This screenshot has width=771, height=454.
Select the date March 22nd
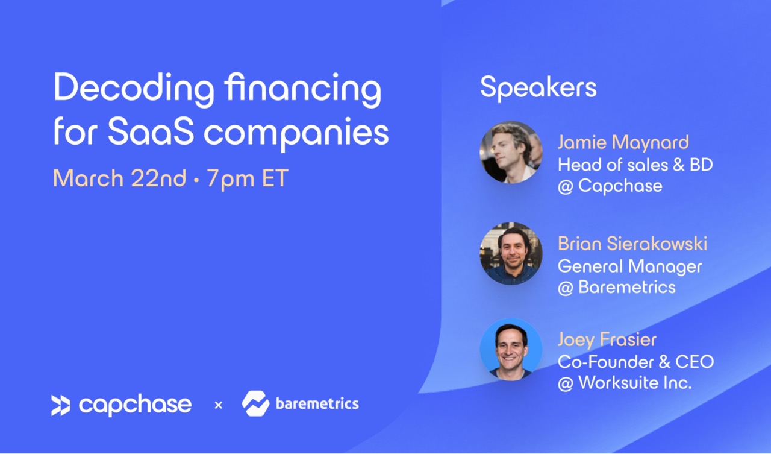pos(119,178)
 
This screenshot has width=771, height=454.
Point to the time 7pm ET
pos(248,179)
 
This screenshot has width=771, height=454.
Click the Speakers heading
pos(538,88)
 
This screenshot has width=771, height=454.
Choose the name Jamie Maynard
pos(623,142)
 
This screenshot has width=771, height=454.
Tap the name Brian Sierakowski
pos(632,244)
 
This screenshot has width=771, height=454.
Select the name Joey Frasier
pos(607,339)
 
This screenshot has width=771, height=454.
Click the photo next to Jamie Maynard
pos(511,153)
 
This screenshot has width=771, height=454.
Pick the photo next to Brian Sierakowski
pos(511,253)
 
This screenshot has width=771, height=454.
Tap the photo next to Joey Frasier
pos(511,349)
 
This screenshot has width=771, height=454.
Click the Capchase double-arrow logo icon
pos(61,405)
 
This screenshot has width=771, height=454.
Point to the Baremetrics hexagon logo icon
pos(255,403)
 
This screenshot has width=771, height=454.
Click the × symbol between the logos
pos(218,405)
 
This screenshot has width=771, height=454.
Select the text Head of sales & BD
pos(635,165)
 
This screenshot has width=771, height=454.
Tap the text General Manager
pos(629,266)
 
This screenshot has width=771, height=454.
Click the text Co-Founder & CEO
pos(635,362)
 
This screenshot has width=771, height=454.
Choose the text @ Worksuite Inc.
pos(625,383)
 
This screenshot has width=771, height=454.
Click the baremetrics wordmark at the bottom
pos(317,404)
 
